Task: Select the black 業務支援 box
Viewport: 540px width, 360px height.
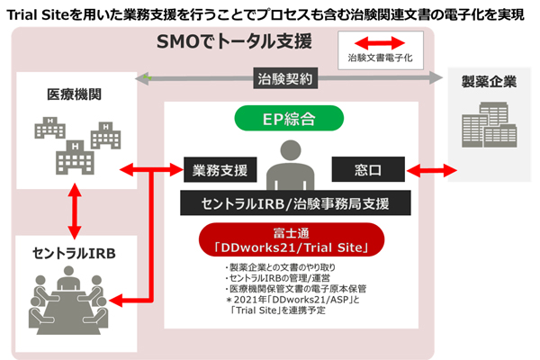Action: (220, 168)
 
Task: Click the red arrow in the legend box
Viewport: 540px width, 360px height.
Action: (381, 42)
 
